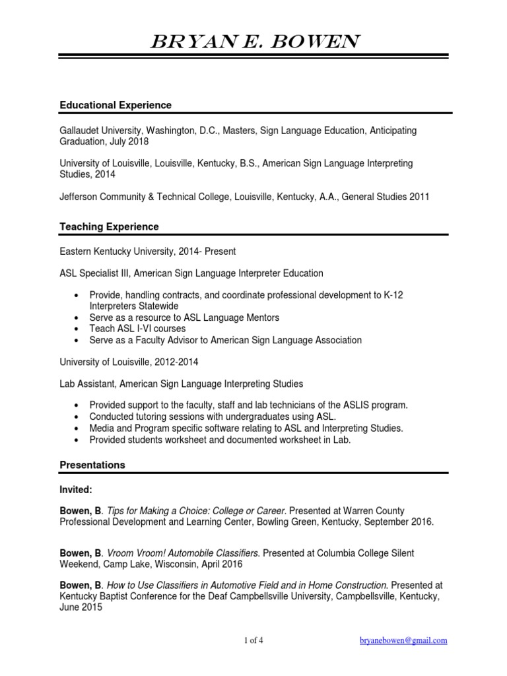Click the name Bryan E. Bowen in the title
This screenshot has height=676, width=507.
tap(254, 44)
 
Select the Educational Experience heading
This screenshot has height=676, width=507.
tap(116, 105)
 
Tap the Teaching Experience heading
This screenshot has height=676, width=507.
tap(109, 226)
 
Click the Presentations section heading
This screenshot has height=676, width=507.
tap(92, 465)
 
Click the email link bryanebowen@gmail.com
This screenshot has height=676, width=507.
tap(403, 640)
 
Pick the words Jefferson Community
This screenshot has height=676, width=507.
tap(101, 195)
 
